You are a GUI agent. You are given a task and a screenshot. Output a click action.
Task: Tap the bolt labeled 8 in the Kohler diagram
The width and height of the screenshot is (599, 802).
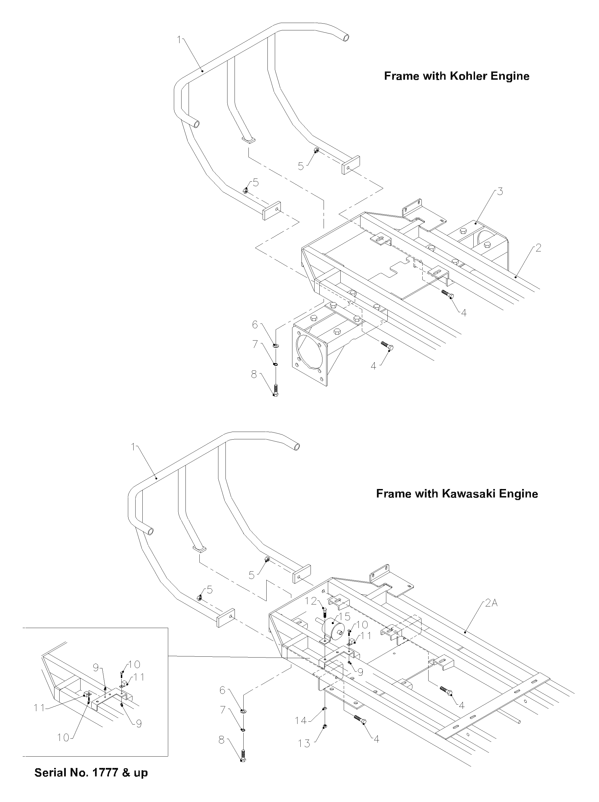coord(275,390)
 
